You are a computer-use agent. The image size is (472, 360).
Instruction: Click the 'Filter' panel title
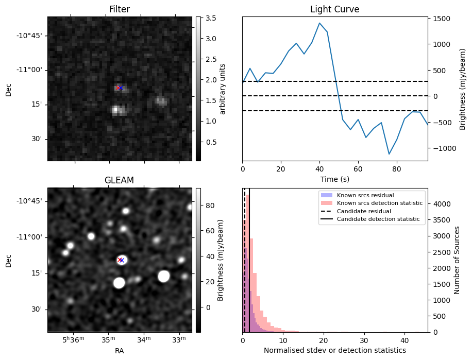[120, 9]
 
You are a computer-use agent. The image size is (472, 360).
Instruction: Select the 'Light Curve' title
[334, 9]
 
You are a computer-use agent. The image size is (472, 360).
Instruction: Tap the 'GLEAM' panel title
[120, 180]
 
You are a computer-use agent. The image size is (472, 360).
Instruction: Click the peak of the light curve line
[319, 23]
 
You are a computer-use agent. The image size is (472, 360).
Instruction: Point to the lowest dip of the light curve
[389, 153]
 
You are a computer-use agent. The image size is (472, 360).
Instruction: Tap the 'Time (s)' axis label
[334, 179]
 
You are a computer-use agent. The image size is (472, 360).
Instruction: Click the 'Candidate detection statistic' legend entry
[378, 219]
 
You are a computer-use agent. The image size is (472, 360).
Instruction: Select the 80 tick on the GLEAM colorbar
[207, 205]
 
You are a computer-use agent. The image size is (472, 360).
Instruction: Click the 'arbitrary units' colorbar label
[223, 89]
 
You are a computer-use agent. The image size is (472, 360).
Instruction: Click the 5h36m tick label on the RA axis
[73, 340]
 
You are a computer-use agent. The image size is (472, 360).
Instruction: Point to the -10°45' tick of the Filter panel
[31, 36]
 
